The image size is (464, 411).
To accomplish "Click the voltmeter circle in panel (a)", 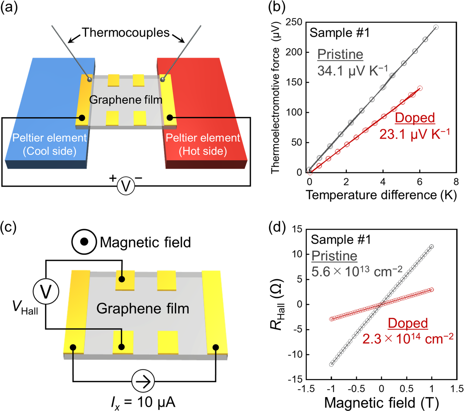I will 126,186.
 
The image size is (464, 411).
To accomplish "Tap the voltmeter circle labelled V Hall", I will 46,291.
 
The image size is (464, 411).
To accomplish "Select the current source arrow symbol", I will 143,381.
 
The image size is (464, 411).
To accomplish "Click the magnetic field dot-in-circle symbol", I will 84,241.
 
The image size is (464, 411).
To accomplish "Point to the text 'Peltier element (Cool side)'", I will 49,144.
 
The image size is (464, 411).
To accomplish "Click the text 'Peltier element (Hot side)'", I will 203,144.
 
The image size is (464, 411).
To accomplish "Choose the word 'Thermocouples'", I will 126,33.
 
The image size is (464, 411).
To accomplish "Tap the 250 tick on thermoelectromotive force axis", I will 294,22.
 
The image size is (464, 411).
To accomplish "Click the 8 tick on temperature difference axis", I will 456,181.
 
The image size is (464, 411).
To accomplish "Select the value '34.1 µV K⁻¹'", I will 353,70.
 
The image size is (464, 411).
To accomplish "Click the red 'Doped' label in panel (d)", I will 408,323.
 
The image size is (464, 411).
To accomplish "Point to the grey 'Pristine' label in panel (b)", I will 340,54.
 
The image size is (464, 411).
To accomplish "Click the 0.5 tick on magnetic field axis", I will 407,389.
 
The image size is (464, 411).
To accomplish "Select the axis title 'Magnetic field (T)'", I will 381,402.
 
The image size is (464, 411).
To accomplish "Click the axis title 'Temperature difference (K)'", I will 381,195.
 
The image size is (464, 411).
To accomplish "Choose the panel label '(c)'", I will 8,228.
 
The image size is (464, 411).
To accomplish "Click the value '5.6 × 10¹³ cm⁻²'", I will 357,271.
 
